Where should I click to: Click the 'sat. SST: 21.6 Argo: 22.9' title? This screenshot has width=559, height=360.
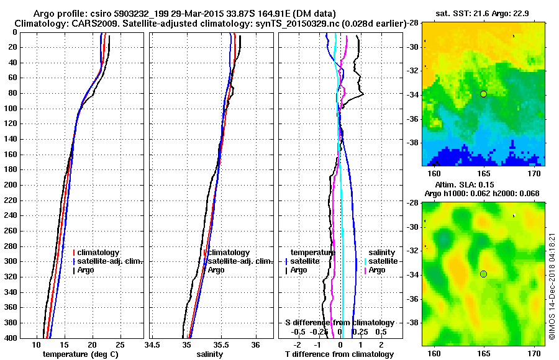click(x=483, y=12)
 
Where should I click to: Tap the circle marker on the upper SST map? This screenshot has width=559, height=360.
click(x=483, y=94)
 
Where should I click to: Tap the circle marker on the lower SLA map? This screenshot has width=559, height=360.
click(x=483, y=274)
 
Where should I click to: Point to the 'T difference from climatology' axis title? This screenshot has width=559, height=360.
click(x=339, y=354)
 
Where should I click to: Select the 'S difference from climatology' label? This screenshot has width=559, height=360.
click(x=339, y=323)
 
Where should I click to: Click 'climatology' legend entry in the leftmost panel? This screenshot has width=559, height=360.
click(x=99, y=253)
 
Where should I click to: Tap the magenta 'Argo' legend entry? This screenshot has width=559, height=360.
click(x=377, y=270)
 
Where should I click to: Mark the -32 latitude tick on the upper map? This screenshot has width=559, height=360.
click(x=412, y=70)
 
